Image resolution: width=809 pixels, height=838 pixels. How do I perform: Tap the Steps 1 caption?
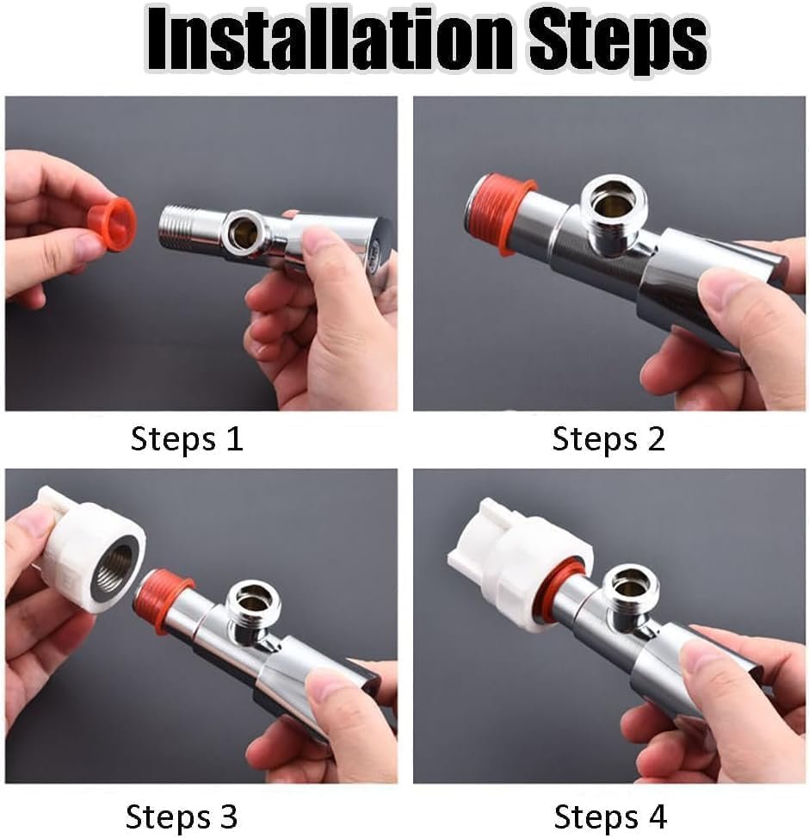coord(187,439)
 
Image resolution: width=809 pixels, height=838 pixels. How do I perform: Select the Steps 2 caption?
coord(608,439)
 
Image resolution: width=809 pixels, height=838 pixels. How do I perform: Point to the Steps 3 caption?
coord(182,815)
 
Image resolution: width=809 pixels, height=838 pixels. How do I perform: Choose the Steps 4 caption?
coord(610,815)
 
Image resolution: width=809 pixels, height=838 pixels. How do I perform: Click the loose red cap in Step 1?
coord(112,225)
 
